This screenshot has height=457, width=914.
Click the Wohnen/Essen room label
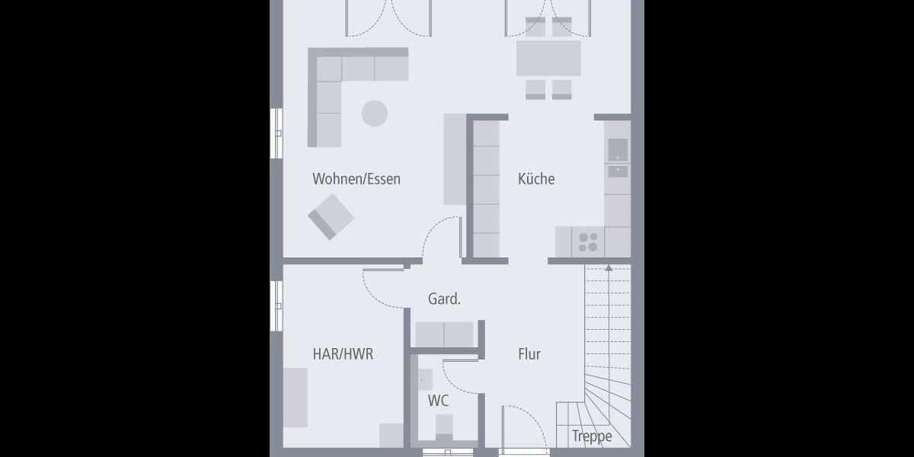(356, 180)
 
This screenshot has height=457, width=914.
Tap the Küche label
(536, 180)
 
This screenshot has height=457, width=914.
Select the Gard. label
(444, 299)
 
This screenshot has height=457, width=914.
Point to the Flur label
(529, 354)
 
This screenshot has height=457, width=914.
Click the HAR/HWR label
(343, 354)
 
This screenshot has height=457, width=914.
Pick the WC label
(438, 401)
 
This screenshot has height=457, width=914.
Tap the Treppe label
(592, 436)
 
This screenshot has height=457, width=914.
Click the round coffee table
(374, 113)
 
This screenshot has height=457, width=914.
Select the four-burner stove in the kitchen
(588, 242)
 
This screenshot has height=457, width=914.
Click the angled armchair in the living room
(331, 216)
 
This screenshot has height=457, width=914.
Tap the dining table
(548, 58)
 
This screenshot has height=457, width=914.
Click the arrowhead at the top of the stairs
(608, 267)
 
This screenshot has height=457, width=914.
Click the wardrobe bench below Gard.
(444, 334)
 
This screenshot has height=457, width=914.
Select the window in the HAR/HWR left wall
(276, 305)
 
